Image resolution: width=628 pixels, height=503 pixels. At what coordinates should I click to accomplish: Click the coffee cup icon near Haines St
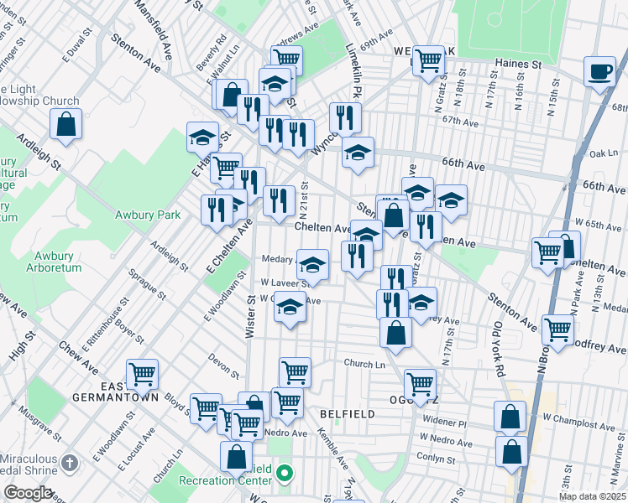[x=600, y=71]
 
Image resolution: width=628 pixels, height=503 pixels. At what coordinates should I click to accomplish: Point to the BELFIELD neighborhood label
[x=344, y=414]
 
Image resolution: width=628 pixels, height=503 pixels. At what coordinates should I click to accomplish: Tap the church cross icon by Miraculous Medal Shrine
[x=71, y=461]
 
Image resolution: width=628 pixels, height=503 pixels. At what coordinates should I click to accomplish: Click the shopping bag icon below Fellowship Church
[x=65, y=126]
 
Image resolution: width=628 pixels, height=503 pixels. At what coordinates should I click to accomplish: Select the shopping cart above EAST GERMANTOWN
[x=142, y=373]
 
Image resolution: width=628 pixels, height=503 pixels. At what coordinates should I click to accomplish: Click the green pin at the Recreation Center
[x=285, y=474]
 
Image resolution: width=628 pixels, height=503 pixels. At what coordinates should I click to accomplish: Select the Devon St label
[x=225, y=362]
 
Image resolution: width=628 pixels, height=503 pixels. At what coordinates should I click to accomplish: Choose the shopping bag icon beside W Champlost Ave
[x=510, y=415]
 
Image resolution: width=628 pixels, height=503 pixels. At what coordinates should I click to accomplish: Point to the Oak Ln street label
[x=604, y=153]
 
